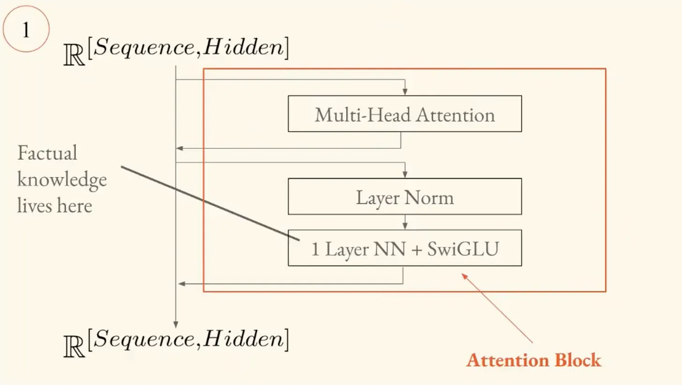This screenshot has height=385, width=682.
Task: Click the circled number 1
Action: pos(26,29)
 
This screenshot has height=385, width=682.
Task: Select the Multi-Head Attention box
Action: pos(405,114)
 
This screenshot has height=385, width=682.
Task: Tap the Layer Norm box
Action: pos(405,197)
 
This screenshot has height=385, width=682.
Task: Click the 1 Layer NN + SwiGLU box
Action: pos(405,248)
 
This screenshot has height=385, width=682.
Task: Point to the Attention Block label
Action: pos(534,360)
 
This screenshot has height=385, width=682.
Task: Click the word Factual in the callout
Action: pos(47,153)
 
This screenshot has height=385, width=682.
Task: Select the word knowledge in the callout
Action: pos(62,179)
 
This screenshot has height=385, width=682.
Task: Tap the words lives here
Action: pos(54,205)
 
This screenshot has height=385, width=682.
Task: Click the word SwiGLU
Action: pos(463,249)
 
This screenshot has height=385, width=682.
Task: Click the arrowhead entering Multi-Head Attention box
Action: pos(405,92)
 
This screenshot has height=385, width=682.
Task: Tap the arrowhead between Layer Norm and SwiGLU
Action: pos(405,226)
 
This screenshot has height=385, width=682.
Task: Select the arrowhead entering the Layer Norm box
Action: pos(405,175)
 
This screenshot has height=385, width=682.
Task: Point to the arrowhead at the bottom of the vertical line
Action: pos(176,325)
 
